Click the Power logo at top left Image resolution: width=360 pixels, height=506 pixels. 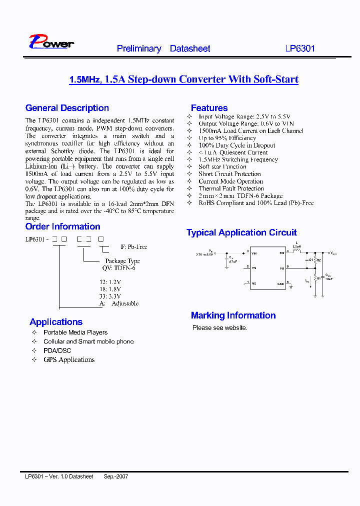(x=51, y=42)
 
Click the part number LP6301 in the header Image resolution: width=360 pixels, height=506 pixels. (x=300, y=48)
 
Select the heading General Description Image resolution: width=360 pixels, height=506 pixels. (x=67, y=108)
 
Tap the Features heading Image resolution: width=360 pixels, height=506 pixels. (x=209, y=108)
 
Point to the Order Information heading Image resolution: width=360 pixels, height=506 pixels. (x=62, y=226)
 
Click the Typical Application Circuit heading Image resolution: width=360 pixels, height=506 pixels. (x=241, y=232)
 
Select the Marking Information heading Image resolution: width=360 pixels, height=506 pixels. (x=233, y=315)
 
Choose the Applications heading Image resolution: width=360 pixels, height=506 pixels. (x=56, y=322)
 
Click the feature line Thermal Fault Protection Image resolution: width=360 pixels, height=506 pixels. (x=231, y=188)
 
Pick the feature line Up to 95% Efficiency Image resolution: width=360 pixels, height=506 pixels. (x=227, y=138)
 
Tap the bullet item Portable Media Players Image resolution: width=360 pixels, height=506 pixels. (x=75, y=332)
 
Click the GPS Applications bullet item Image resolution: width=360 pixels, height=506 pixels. (x=69, y=359)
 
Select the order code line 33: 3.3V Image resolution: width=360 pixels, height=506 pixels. (x=110, y=296)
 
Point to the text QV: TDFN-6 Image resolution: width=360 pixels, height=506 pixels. (x=118, y=268)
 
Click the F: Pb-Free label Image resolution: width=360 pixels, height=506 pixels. (x=134, y=247)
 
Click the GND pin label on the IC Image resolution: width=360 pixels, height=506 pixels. (x=280, y=284)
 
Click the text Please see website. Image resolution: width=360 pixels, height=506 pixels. (x=219, y=328)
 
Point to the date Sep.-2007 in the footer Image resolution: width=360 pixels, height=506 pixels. (x=116, y=476)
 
